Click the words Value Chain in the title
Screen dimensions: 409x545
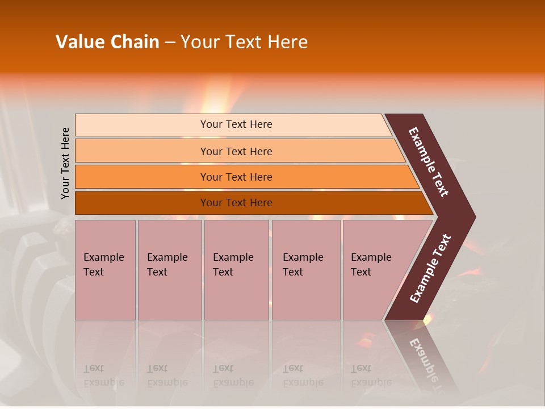(x=107, y=42)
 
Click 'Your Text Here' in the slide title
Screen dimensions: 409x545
(x=244, y=42)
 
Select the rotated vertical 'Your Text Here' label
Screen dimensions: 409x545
(x=65, y=163)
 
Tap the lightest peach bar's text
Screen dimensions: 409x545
(x=236, y=124)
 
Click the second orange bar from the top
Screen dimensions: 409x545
(x=236, y=151)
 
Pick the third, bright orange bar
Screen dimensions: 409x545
(x=236, y=177)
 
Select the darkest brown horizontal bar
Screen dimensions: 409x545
(x=236, y=203)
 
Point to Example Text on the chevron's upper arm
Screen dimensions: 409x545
(x=429, y=162)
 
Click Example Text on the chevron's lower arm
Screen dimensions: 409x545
(x=430, y=269)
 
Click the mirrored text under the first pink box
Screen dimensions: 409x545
(x=104, y=375)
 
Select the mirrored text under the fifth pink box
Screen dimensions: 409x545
(x=371, y=375)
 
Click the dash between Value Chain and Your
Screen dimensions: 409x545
(x=170, y=43)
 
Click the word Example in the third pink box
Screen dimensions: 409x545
(x=233, y=257)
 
